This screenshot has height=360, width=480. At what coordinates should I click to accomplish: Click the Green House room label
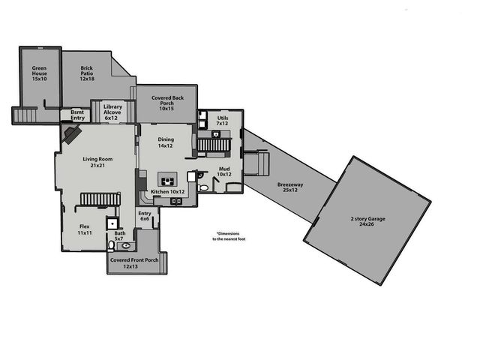(x=39, y=73)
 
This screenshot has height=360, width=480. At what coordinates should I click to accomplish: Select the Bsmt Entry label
(x=78, y=115)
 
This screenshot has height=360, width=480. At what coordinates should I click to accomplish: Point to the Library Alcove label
(x=112, y=112)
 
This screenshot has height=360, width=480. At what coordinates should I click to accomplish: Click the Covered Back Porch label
(x=166, y=104)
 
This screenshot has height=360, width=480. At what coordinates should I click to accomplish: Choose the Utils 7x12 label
(x=223, y=121)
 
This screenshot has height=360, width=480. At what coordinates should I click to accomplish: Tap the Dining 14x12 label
(x=165, y=142)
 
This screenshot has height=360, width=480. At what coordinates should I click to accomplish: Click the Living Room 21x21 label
(x=97, y=162)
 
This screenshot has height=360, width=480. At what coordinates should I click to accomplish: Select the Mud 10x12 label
(x=224, y=172)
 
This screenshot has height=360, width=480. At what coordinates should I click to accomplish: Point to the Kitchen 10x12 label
(x=167, y=192)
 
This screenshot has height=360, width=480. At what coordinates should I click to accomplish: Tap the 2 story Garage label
(x=367, y=220)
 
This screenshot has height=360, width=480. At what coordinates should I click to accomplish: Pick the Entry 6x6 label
(x=145, y=216)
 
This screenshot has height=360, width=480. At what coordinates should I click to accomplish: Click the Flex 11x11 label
(x=85, y=229)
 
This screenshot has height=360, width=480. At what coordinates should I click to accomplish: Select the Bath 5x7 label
(x=120, y=235)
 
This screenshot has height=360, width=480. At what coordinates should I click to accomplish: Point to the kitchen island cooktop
(x=166, y=179)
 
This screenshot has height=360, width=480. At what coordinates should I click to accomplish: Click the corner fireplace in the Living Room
(x=72, y=134)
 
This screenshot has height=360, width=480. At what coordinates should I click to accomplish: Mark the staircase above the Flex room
(x=100, y=199)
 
